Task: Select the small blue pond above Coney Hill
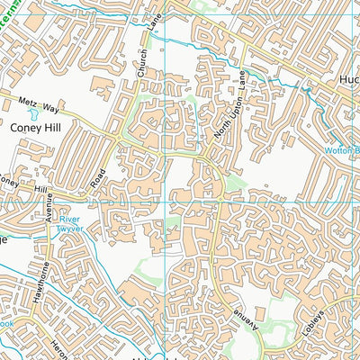pyautogui.click(x=34, y=114)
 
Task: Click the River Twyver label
pyautogui.click(x=71, y=224)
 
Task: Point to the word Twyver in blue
pyautogui.click(x=71, y=229)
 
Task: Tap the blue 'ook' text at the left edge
pyautogui.click(x=5, y=321)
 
